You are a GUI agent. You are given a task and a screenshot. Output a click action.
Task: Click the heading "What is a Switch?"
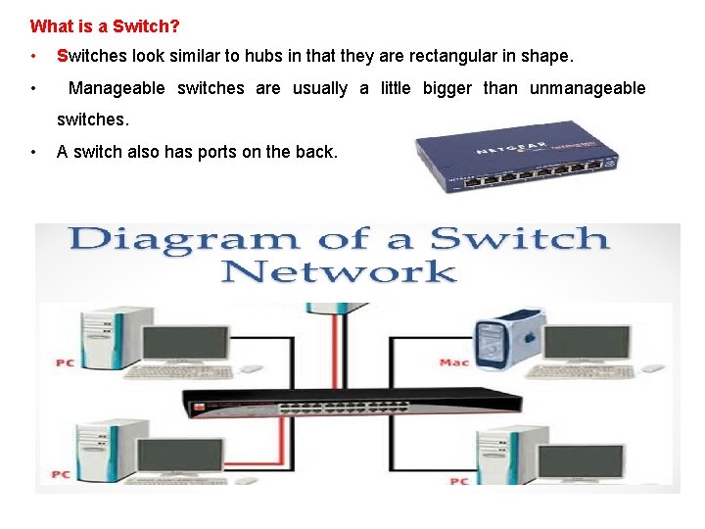coord(105,26)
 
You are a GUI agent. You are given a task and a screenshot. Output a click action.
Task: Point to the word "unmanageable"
coord(587,88)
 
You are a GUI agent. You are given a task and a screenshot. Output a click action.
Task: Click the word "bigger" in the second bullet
coord(446,88)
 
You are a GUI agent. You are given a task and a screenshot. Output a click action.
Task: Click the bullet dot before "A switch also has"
coord(34,152)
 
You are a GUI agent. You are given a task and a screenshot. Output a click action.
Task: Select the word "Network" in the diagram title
coord(339,271)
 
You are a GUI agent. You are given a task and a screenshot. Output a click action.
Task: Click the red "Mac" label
coord(453,362)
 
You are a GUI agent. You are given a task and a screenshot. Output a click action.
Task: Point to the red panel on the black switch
coord(202,406)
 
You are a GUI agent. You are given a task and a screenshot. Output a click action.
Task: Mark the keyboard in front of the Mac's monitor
coord(570,372)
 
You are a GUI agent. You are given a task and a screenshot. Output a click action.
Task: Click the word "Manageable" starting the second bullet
coord(117,88)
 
